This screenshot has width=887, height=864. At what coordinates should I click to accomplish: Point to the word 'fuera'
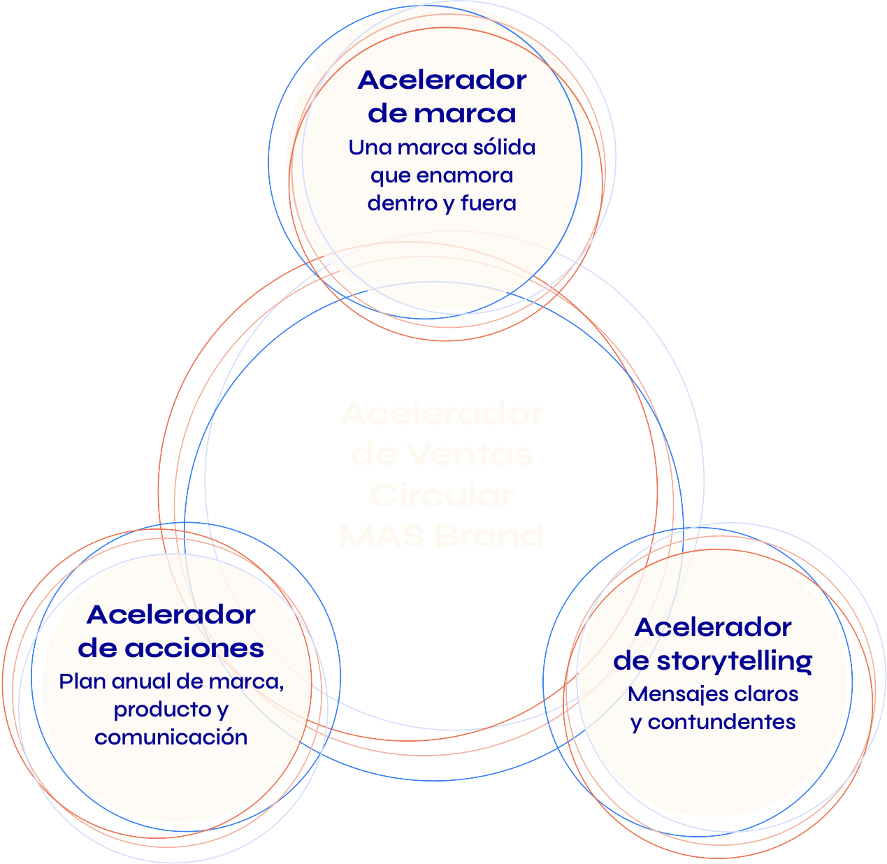[x=489, y=203]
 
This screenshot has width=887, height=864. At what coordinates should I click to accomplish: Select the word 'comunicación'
[x=171, y=737]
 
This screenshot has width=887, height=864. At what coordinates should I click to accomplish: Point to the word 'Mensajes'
[x=669, y=694]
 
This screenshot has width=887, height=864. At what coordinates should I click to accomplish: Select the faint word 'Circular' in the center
[x=442, y=496]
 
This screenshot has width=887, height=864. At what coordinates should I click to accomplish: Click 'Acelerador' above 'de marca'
[x=442, y=80]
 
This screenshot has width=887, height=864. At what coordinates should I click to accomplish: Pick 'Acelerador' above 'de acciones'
[x=171, y=615]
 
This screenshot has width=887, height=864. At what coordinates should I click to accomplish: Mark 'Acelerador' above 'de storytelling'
[x=713, y=627]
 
